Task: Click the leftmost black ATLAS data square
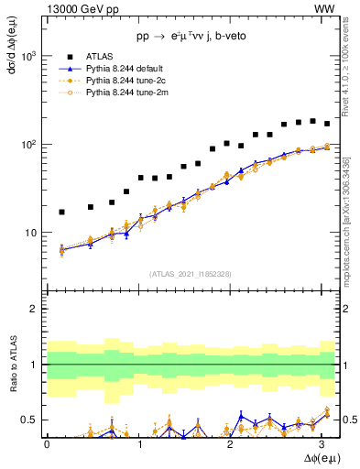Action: tap(61, 213)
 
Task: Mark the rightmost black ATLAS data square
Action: tap(327, 123)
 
